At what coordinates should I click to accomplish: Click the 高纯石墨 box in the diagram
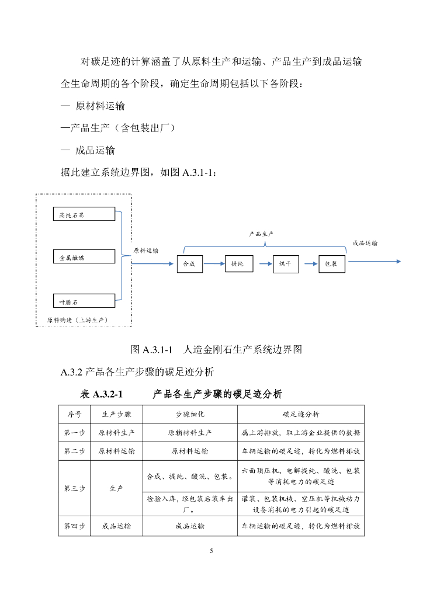pyautogui.click(x=84, y=214)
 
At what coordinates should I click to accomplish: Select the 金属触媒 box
pyautogui.click(x=84, y=257)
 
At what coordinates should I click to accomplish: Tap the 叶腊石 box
pyautogui.click(x=84, y=301)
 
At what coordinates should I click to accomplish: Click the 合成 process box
pyautogui.click(x=189, y=264)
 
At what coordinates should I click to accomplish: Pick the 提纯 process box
pyautogui.click(x=239, y=263)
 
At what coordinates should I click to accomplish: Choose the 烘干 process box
pyautogui.click(x=286, y=264)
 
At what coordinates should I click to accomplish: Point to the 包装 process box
pyautogui.click(x=332, y=264)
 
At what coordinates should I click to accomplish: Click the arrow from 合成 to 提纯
pyautogui.click(x=214, y=263)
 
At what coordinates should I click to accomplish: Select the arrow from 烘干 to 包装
pyautogui.click(x=309, y=263)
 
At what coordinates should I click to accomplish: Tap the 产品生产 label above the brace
pyautogui.click(x=261, y=234)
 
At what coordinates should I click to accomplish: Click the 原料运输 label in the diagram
pyautogui.click(x=145, y=251)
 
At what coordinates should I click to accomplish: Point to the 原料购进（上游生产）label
pyautogui.click(x=78, y=320)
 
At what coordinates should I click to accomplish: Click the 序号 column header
pyautogui.click(x=74, y=414)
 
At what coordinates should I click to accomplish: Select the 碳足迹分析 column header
pyautogui.click(x=301, y=414)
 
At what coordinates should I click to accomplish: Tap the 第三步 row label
pyautogui.click(x=74, y=488)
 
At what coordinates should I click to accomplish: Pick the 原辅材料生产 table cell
pyautogui.click(x=190, y=433)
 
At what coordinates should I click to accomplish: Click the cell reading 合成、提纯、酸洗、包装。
pyautogui.click(x=190, y=477)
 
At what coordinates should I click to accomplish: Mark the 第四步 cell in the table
pyautogui.click(x=74, y=526)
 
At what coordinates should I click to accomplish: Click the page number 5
pyautogui.click(x=211, y=551)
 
